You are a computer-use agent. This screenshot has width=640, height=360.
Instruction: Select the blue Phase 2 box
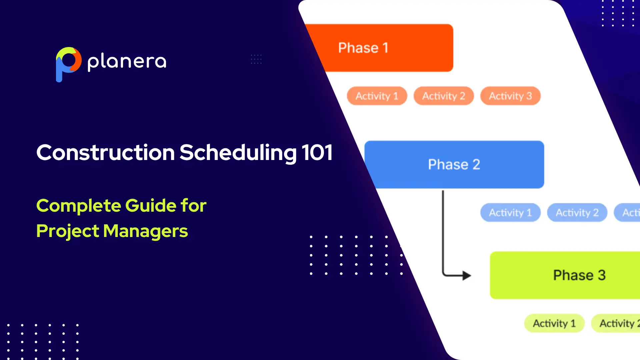(454, 164)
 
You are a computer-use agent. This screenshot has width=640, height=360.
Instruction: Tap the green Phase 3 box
(567, 275)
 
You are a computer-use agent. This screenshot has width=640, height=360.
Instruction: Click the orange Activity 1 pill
(377, 96)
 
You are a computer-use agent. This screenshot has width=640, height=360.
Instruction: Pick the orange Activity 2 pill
(444, 96)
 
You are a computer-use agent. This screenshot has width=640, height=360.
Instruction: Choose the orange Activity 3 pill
(510, 96)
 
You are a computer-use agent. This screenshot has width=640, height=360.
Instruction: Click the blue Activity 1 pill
(510, 213)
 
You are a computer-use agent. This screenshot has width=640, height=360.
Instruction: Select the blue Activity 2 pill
(577, 213)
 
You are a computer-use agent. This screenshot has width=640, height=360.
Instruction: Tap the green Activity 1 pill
(554, 323)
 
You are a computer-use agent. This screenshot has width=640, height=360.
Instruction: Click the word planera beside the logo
(127, 62)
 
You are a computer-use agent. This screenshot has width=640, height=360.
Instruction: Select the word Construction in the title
(105, 153)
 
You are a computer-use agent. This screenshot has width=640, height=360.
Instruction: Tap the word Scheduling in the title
(238, 153)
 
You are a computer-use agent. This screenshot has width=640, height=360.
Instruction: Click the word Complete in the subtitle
(78, 206)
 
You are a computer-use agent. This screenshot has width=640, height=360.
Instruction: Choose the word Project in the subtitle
(67, 231)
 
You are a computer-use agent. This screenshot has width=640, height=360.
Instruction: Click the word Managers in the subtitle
(145, 231)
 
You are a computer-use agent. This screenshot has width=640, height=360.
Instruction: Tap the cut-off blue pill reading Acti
(628, 213)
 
